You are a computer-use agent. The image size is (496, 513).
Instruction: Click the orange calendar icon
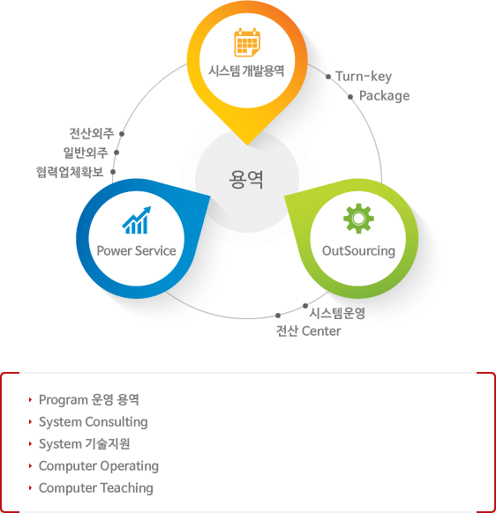[x=247, y=42]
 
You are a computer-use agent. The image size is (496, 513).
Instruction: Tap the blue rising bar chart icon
[x=136, y=220]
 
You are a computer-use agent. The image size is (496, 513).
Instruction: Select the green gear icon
[x=358, y=219]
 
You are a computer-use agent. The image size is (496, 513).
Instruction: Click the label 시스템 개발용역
[x=246, y=71]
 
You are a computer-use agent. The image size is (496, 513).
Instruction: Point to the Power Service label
[x=136, y=251]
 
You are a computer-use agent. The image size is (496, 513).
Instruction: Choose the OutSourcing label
[x=358, y=251]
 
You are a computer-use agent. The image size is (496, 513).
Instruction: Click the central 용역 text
[x=246, y=180]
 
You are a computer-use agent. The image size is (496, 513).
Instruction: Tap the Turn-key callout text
[x=364, y=77]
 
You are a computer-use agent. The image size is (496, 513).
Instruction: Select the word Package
[x=384, y=96]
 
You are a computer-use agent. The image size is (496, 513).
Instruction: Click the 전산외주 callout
[x=92, y=133]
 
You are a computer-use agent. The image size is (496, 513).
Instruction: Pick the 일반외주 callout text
[x=86, y=152]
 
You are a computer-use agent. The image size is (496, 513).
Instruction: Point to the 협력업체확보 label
[x=70, y=172]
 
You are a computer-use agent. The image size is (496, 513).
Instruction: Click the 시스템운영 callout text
[x=337, y=313]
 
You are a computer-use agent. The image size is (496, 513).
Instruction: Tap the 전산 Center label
[x=308, y=331]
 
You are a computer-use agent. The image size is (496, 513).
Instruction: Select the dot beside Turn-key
[x=328, y=77]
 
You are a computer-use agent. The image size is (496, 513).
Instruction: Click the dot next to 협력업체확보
[x=113, y=172]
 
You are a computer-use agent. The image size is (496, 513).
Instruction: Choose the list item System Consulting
[x=94, y=422]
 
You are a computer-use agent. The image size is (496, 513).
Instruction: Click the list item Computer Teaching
[x=96, y=488]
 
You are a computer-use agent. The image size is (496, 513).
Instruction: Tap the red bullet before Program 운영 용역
[x=30, y=399]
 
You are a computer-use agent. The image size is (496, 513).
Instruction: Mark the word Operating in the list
[x=129, y=466]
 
